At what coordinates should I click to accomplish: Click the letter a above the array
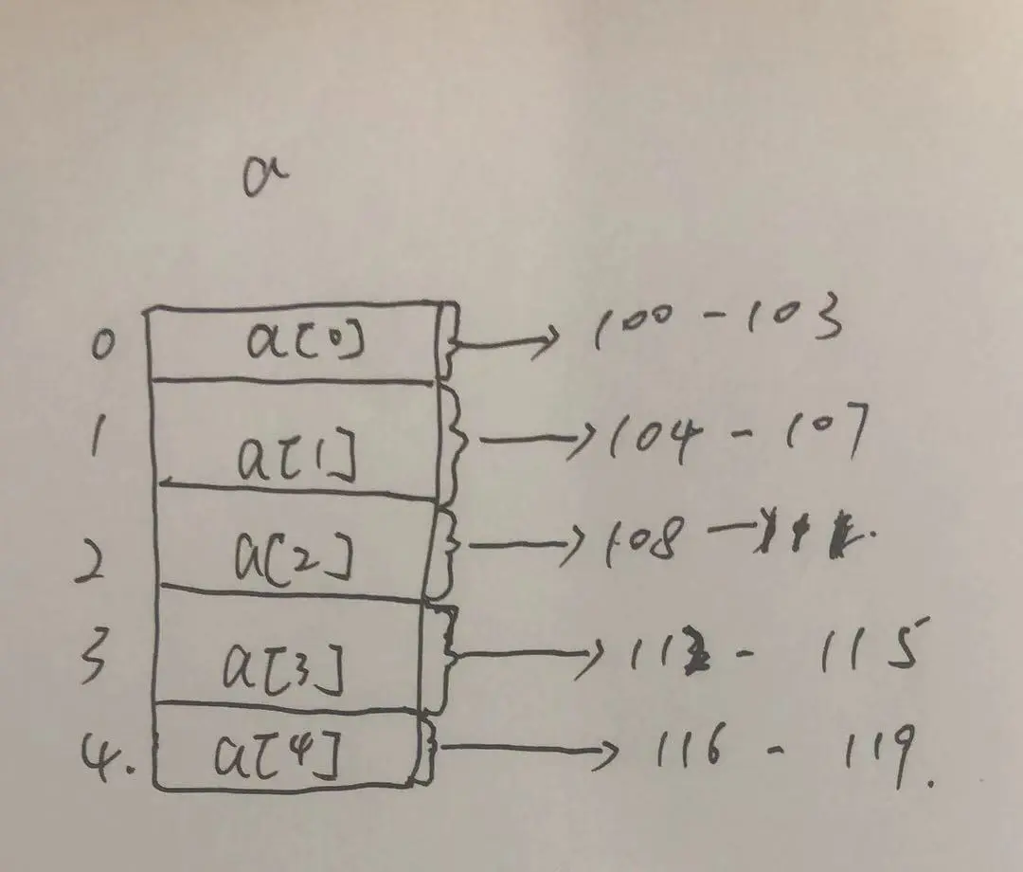pos(264,177)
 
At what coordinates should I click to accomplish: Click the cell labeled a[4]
pos(284,749)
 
